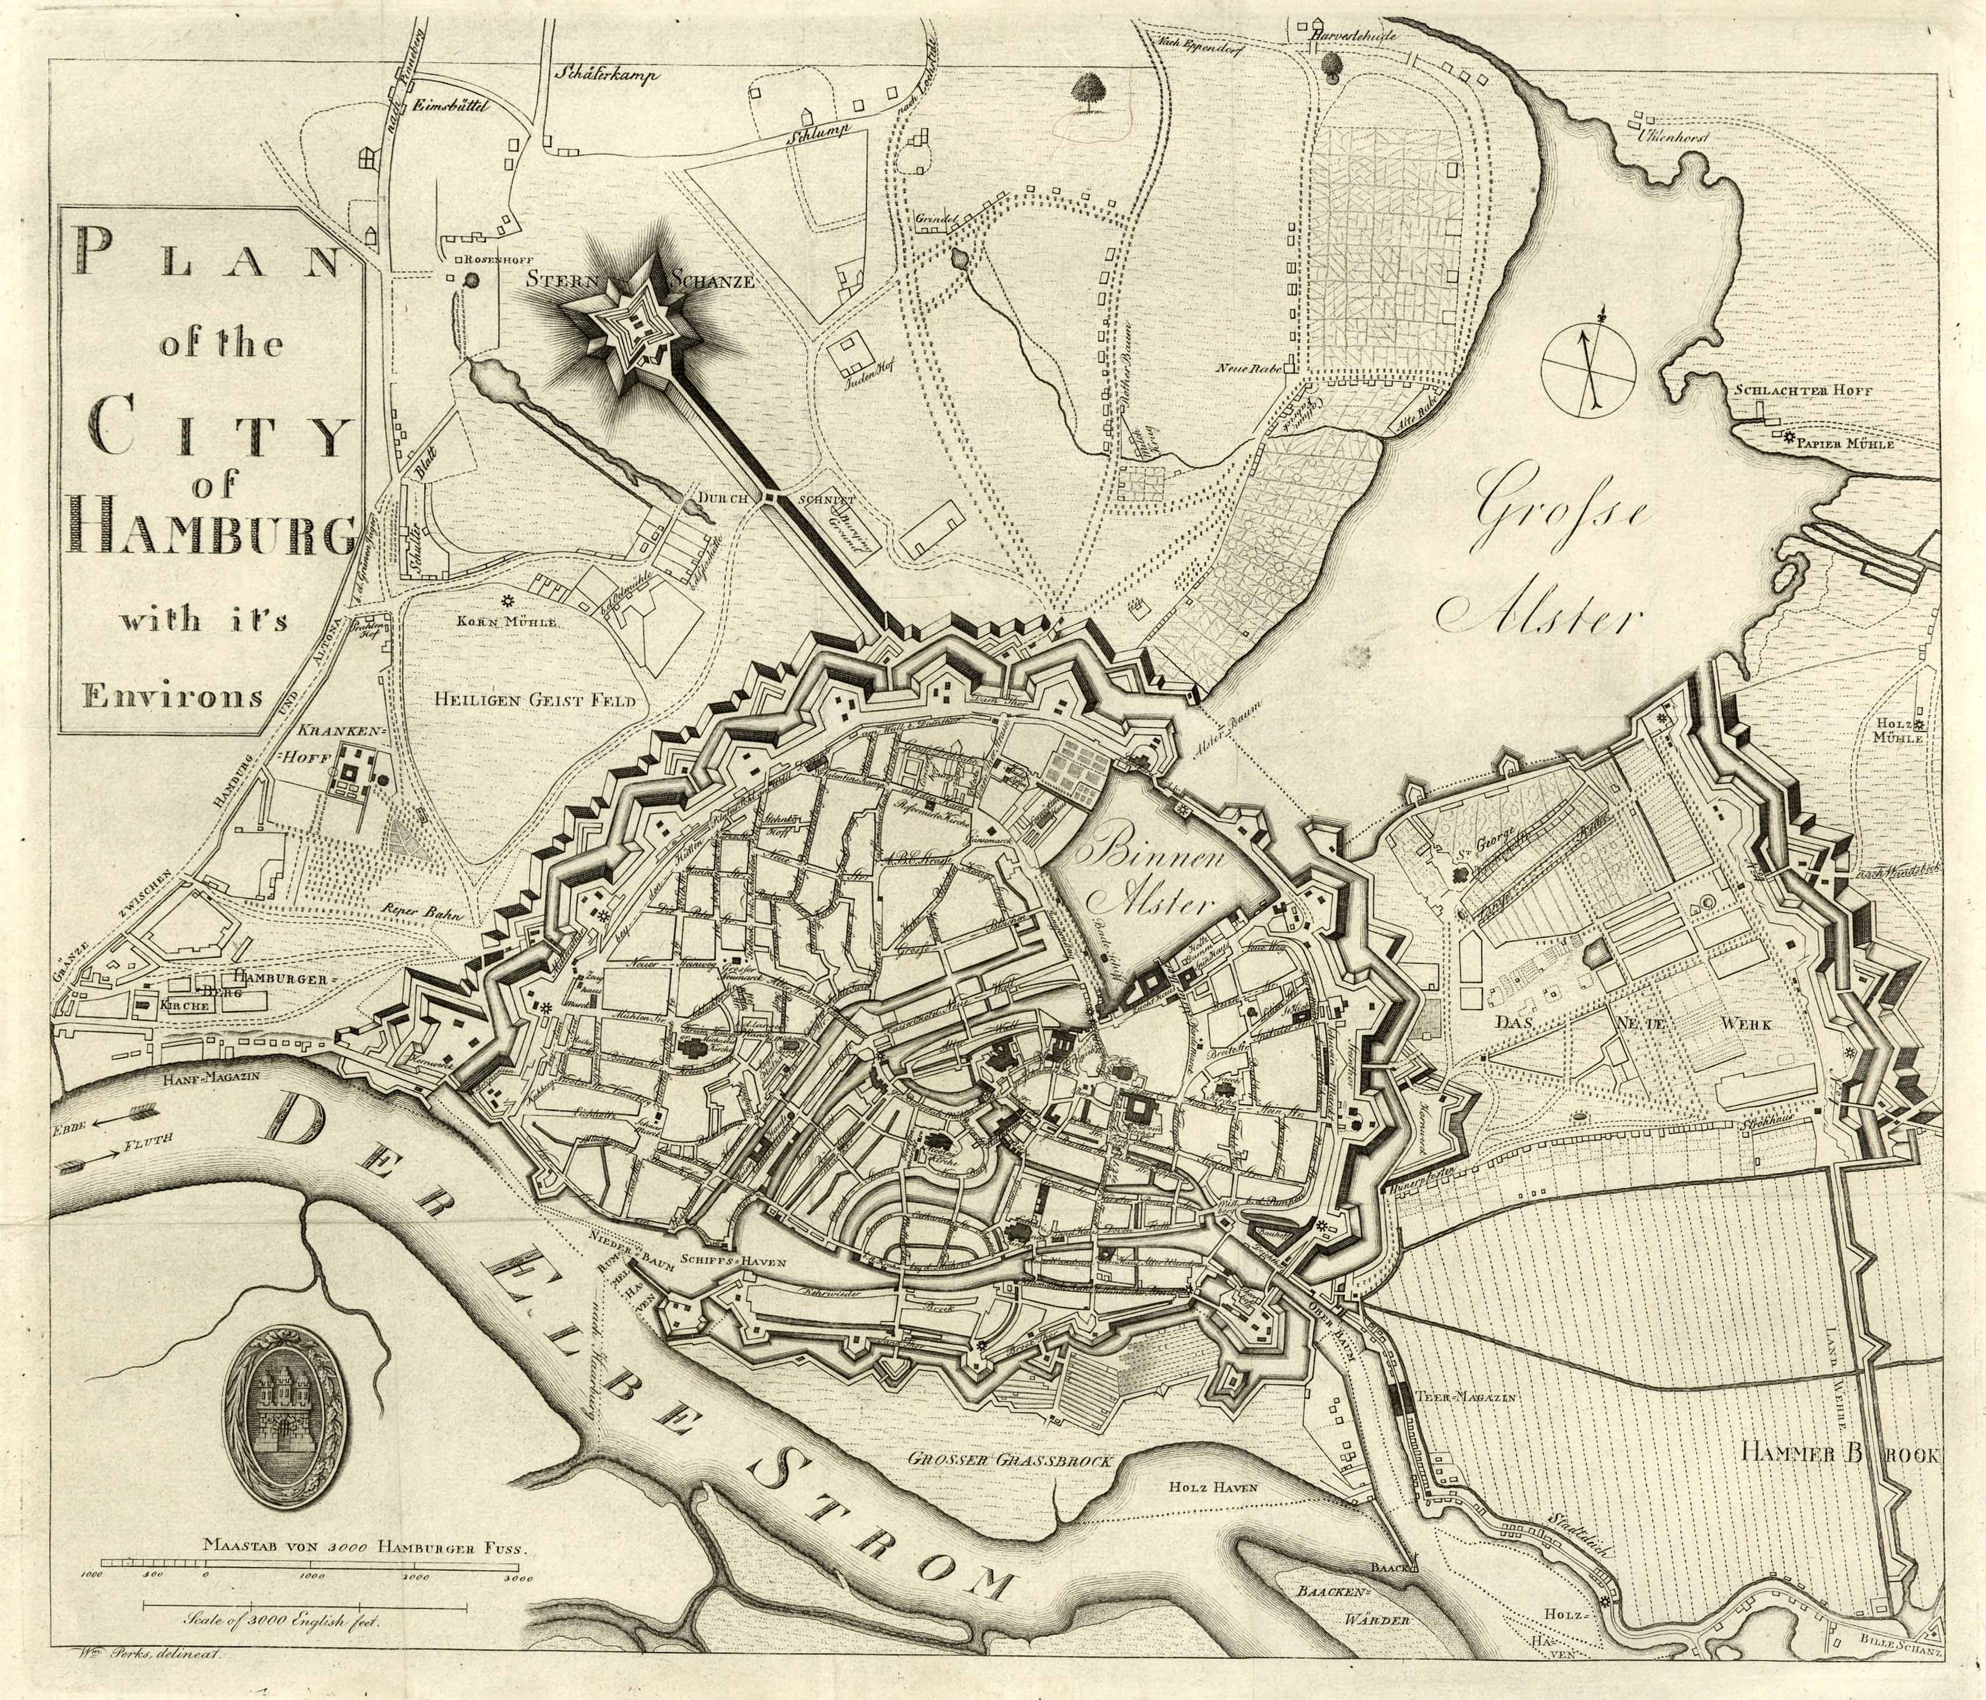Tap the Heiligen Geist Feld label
coord(534,700)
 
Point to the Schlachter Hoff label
coord(1814,391)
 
